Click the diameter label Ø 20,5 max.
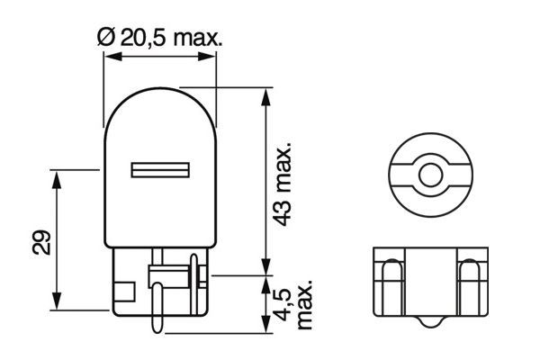tap(158, 37)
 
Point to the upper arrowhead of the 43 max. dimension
tap(265, 94)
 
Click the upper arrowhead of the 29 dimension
tap(58, 175)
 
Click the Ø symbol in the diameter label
tap(103, 37)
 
